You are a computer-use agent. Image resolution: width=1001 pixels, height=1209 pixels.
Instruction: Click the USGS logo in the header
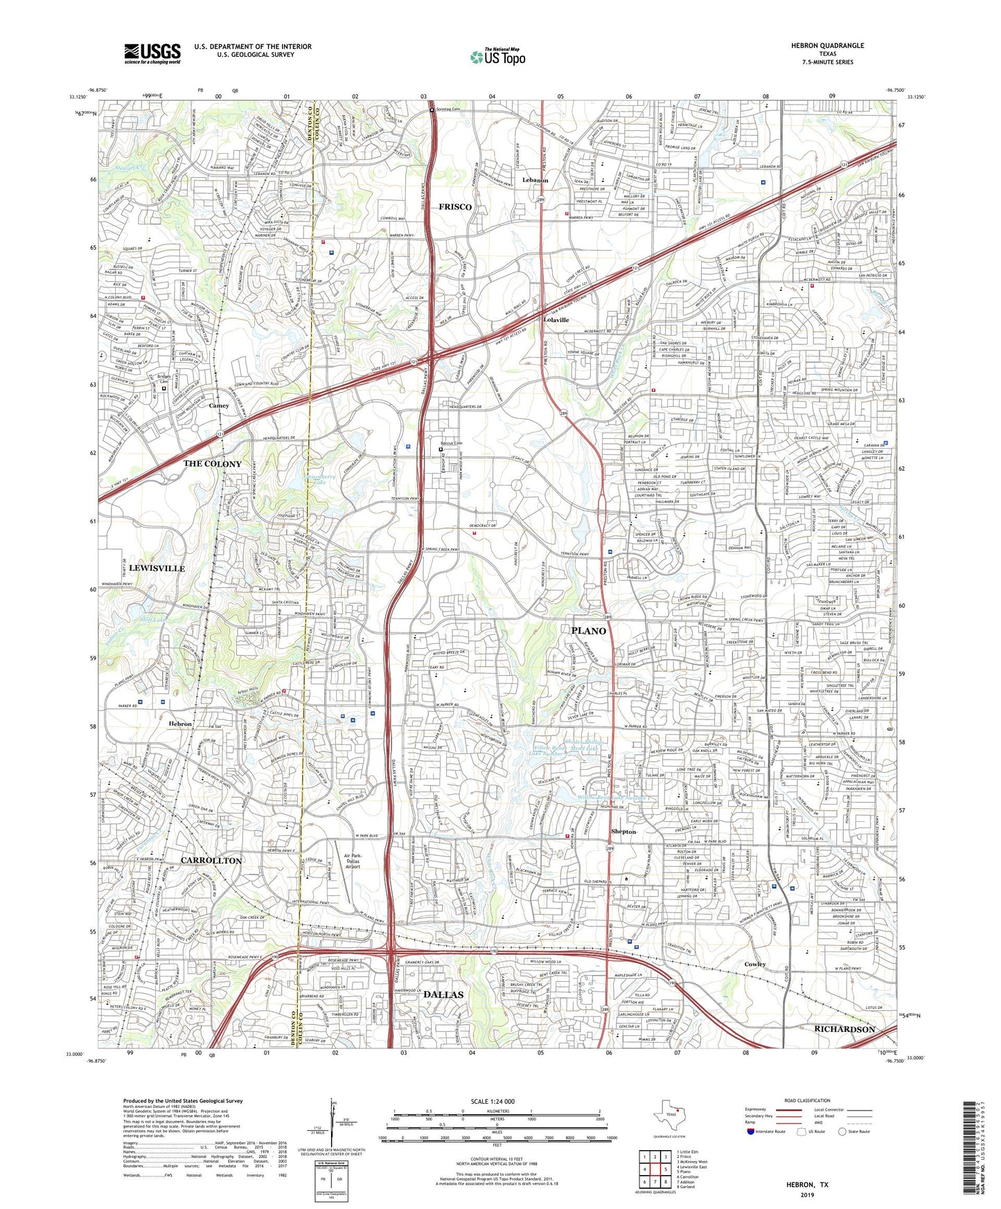152,53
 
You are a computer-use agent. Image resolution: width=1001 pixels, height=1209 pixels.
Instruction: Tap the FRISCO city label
455,207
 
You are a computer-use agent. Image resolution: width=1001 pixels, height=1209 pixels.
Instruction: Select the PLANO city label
588,631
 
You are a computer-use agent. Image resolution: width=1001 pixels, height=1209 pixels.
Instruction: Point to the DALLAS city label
443,994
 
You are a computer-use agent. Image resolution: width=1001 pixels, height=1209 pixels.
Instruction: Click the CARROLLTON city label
211,860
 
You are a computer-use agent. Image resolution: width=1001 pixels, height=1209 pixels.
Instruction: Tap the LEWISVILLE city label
157,568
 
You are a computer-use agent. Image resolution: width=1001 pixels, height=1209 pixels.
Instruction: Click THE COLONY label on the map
213,464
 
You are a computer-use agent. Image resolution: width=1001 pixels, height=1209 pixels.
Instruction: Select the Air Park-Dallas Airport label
353,861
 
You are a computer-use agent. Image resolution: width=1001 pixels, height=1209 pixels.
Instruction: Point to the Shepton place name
623,831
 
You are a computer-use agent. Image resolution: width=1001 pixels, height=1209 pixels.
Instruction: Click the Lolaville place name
556,320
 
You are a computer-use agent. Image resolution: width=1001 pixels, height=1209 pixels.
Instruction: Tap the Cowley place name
755,964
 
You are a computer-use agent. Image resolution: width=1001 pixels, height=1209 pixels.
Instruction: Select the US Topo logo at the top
497,56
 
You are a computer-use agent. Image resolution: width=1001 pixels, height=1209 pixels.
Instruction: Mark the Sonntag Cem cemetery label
452,110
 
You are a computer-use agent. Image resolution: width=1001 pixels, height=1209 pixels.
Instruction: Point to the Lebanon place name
535,180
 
